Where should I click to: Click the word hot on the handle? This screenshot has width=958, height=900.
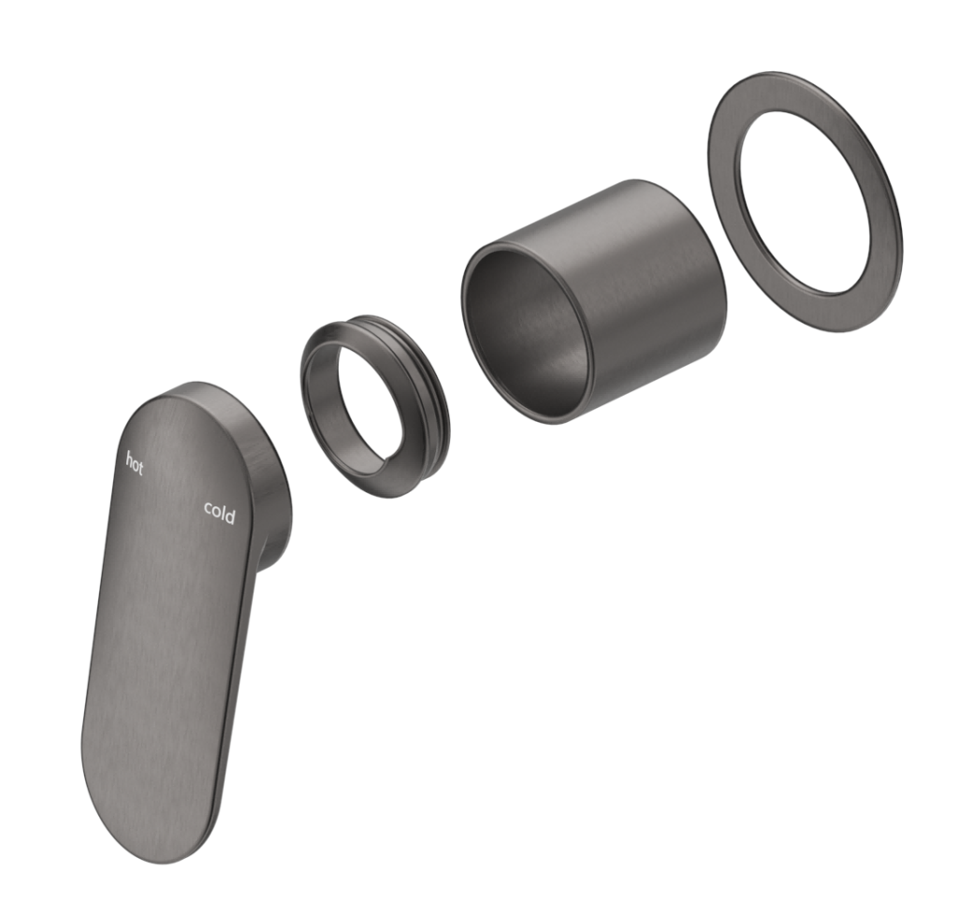[135, 464]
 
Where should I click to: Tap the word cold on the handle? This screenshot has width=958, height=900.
[220, 512]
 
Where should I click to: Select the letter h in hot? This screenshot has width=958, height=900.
[129, 459]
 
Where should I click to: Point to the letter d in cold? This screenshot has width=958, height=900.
[231, 516]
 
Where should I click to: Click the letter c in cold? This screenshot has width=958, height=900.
[209, 507]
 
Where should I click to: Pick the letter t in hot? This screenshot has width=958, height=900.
[141, 469]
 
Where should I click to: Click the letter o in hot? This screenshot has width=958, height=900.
[135, 465]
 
